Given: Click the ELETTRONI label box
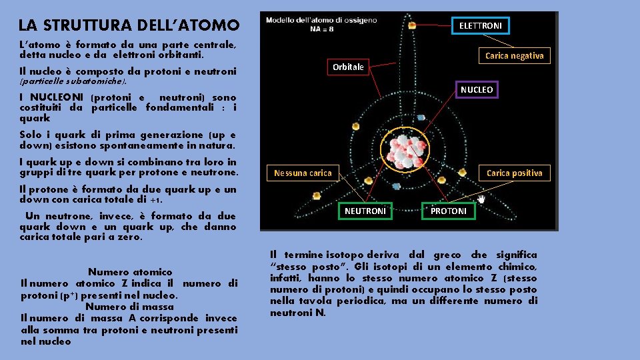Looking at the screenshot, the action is click(481, 26).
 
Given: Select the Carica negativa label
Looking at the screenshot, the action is click(514, 56).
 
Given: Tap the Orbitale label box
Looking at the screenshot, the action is click(348, 67).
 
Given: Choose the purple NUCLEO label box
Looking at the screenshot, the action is click(477, 89).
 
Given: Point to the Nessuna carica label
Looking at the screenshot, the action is click(303, 173).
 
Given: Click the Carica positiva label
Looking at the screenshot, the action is click(514, 173).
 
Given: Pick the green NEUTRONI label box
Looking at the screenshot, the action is click(365, 211).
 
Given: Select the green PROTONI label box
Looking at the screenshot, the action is click(449, 211).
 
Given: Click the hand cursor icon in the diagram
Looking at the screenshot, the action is click(481, 198).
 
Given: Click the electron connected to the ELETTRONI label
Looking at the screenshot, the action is click(412, 25).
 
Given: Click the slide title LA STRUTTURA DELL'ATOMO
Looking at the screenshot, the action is click(129, 26).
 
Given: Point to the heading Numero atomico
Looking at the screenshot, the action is click(130, 272).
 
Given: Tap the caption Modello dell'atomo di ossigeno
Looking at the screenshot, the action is click(321, 20).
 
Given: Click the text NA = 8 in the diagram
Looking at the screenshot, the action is click(321, 29).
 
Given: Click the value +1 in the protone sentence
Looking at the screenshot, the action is click(157, 199).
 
